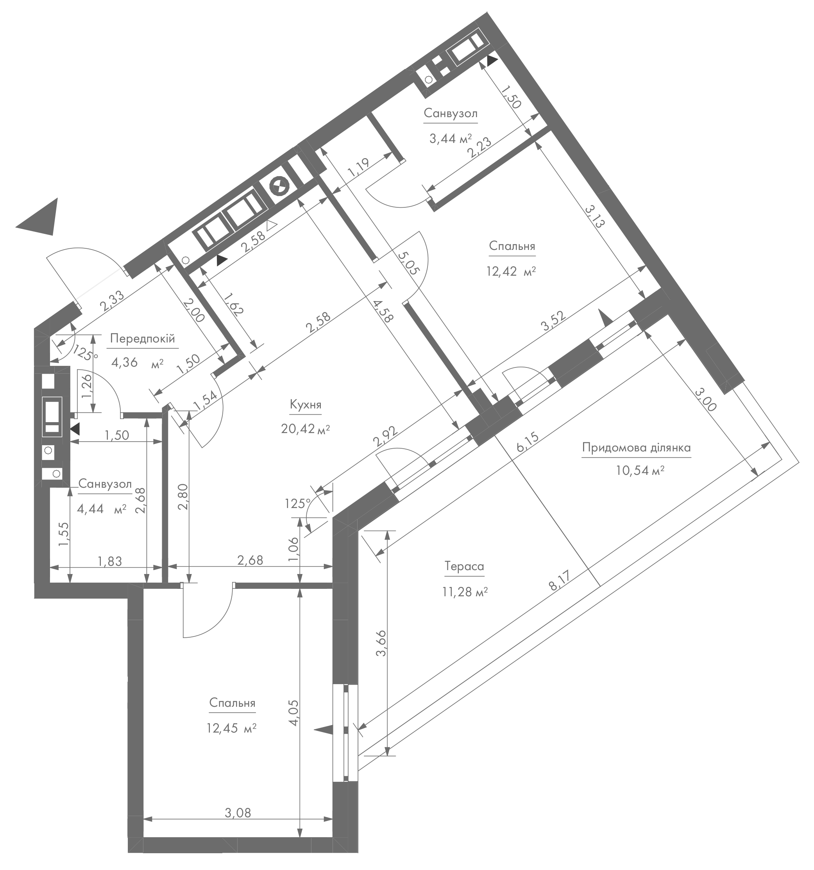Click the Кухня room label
tap(305, 405)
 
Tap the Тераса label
tap(464, 566)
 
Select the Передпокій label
tap(142, 338)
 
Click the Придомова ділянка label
tap(636, 448)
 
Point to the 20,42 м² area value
tap(305, 429)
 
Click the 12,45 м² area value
tap(231, 728)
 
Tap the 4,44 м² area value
tap(102, 508)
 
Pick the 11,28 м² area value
tap(465, 592)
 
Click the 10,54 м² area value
tap(640, 471)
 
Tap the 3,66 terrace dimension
tap(381, 643)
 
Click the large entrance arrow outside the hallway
tap(40, 217)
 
